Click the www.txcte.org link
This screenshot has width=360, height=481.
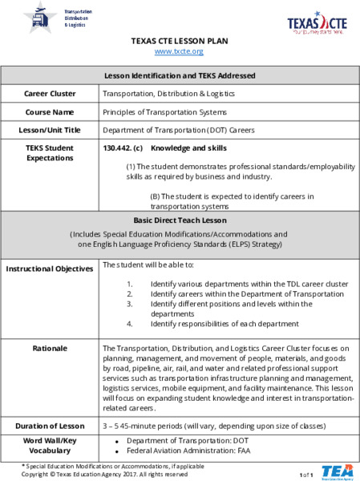179,51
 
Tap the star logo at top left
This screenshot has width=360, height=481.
37,17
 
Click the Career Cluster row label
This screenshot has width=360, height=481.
50,94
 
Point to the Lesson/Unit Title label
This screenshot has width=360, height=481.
50,129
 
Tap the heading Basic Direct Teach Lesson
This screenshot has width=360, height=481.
180,219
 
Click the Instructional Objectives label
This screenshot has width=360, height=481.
50,269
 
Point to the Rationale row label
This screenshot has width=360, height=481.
50,349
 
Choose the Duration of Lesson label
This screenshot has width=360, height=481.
50,426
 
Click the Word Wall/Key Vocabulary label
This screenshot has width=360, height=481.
50,447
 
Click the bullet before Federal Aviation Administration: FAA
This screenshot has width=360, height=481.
117,452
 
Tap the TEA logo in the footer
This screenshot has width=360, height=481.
337,471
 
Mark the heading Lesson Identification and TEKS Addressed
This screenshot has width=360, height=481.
180,75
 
